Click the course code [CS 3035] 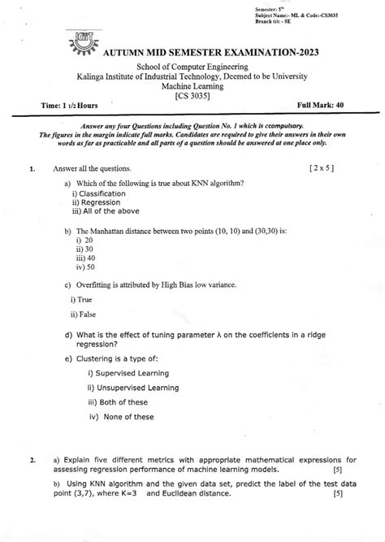tap(192, 95)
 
